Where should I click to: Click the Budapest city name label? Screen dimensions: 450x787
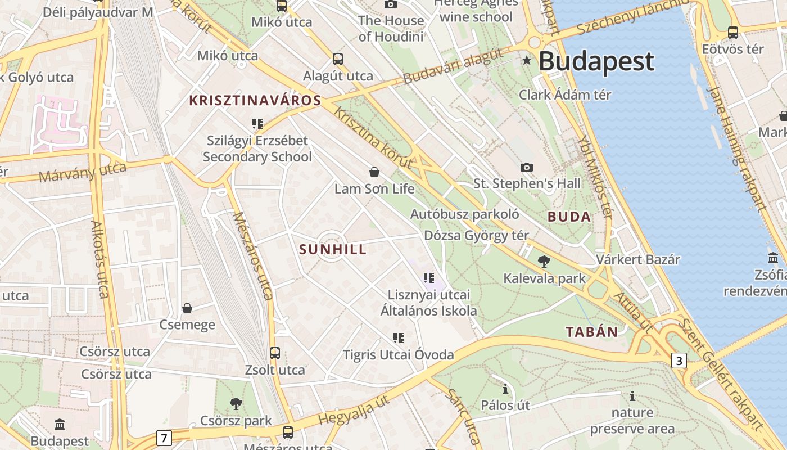pos(596,61)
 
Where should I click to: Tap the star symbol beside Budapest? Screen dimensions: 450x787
pos(527,60)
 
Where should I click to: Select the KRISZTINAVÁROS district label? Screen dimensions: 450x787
pos(255,101)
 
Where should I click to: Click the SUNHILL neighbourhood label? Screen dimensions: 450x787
pos(333,250)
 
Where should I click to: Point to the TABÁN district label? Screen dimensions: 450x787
pos(592,332)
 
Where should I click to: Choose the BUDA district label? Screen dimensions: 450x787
pos(569,217)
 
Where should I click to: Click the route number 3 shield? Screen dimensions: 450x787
pos(679,361)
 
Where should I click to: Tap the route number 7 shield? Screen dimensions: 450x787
pos(164,438)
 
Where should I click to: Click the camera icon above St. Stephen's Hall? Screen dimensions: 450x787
pos(527,167)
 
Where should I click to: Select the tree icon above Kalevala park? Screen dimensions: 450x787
pos(544,262)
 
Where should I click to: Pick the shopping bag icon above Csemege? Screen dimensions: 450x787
pos(187,308)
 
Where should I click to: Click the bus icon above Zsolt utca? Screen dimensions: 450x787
pos(275,353)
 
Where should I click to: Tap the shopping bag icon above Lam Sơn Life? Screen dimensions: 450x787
pos(374,172)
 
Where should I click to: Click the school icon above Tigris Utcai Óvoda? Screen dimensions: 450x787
pos(399,338)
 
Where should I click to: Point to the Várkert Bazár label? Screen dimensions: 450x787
pos(638,260)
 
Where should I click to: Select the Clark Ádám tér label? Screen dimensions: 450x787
pos(564,94)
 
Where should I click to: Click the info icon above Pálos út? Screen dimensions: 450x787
pos(505,389)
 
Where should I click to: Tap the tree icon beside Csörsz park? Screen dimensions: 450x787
pos(236,403)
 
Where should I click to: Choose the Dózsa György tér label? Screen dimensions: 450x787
pos(476,235)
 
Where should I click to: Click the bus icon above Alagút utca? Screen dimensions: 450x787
pos(338,58)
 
